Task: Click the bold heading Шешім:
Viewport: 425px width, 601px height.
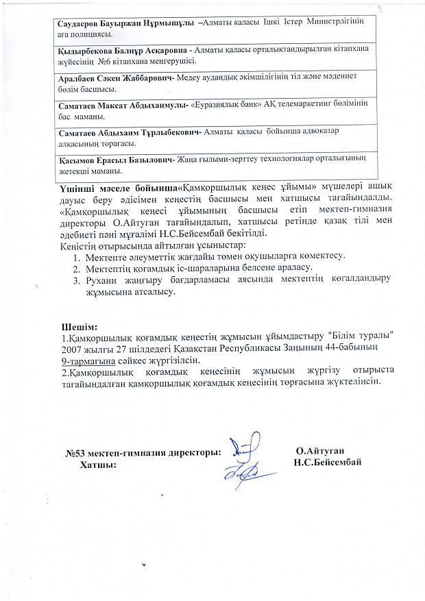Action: pyautogui.click(x=80, y=326)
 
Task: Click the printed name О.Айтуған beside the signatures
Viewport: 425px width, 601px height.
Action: pyautogui.click(x=320, y=451)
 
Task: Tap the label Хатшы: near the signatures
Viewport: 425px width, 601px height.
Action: pyautogui.click(x=98, y=465)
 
